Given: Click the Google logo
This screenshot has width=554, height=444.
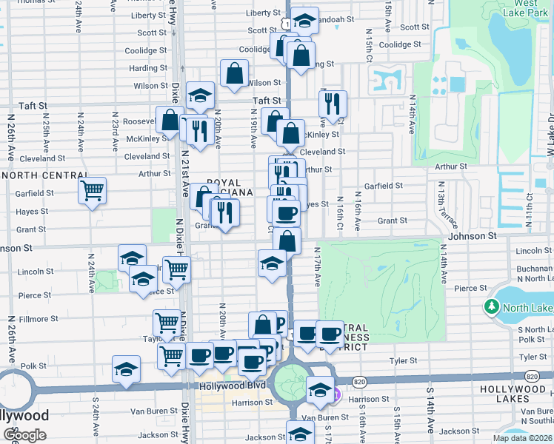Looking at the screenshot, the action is coord(24,435).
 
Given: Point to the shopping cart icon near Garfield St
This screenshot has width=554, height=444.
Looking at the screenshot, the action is coord(93,191).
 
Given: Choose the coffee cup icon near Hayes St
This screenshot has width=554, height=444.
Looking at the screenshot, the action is coord(286,214).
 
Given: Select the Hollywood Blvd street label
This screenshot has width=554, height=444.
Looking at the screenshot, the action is coord(232,386).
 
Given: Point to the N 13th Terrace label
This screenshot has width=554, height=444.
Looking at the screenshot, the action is coord(442,208).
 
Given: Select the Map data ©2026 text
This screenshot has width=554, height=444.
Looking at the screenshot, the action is coord(521,438).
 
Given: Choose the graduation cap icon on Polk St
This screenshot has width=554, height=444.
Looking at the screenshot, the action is coord(126,369).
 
